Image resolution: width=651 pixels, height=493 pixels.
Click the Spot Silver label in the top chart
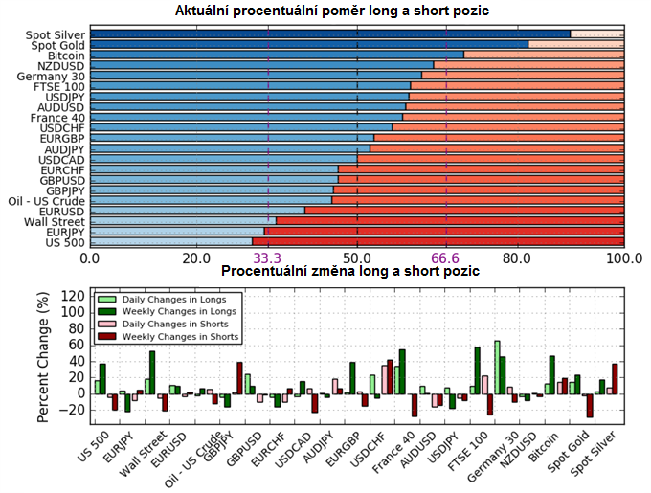[56, 34]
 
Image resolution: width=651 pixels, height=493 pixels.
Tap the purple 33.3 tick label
[267, 258]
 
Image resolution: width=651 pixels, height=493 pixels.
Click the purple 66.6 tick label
[446, 258]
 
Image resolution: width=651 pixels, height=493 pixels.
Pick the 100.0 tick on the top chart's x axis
[625, 258]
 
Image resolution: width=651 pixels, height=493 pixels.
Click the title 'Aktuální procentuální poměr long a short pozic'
[346, 11]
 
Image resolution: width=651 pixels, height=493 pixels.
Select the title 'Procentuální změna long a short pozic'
[349, 272]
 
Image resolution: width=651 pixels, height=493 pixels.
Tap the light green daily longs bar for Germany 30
[497, 368]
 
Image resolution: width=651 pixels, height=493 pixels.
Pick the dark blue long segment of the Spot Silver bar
[329, 34]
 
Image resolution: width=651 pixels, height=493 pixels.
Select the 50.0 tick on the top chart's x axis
[357, 258]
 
